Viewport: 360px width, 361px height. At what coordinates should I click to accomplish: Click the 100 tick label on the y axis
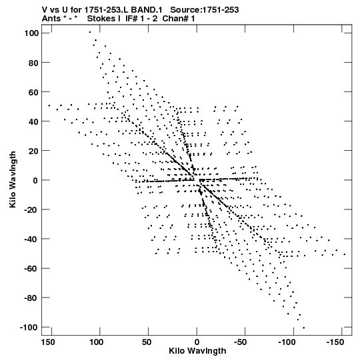point(31,33)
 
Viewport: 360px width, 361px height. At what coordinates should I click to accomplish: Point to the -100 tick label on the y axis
point(29,328)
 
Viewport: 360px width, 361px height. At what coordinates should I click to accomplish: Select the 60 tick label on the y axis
point(33,92)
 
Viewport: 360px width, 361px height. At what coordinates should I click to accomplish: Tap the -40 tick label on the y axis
point(31,239)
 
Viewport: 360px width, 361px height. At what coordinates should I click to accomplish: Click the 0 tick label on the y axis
point(35,180)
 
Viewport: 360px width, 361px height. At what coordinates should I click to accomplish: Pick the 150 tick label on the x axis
point(48,342)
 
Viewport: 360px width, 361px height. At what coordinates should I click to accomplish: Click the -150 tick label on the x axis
point(335,342)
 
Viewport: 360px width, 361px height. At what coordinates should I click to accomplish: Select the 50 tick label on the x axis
point(147,342)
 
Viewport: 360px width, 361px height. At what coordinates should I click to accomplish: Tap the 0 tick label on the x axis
point(197,342)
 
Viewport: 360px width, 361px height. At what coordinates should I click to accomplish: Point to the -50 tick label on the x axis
point(241,342)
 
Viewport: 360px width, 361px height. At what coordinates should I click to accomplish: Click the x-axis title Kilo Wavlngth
point(197,351)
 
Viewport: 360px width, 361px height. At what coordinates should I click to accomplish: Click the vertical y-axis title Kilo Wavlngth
point(13,179)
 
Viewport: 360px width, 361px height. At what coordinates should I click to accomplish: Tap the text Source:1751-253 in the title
point(205,10)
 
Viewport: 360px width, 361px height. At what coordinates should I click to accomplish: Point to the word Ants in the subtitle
point(51,19)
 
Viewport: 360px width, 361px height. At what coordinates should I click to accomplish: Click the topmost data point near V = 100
point(90,32)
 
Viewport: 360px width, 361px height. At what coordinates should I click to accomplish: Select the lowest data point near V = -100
point(303,328)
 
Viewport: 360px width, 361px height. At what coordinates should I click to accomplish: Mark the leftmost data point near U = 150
point(49,105)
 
